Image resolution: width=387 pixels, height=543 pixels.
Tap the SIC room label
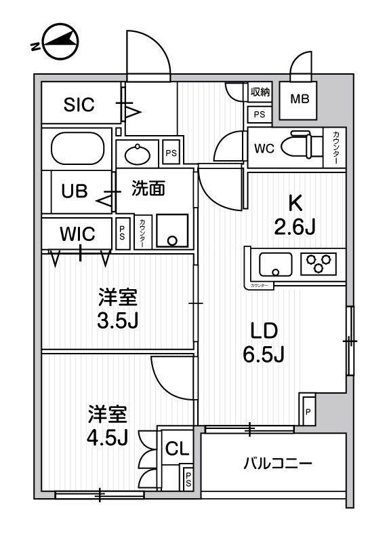coord(79,105)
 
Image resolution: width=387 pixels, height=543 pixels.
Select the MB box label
coord(300,99)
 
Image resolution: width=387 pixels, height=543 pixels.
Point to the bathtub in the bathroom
coord(78,147)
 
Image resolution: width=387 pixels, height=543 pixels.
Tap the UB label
coord(75,191)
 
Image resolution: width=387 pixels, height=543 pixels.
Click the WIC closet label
coord(77,234)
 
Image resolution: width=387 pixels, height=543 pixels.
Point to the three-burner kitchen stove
coord(319,263)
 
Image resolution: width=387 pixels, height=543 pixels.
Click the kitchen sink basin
coord(275,263)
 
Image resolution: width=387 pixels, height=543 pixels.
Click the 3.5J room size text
coord(119,320)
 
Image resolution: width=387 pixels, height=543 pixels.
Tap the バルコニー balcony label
coord(278,464)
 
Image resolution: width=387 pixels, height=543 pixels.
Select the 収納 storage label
coord(260,92)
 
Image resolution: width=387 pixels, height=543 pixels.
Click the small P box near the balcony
coord(307,411)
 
